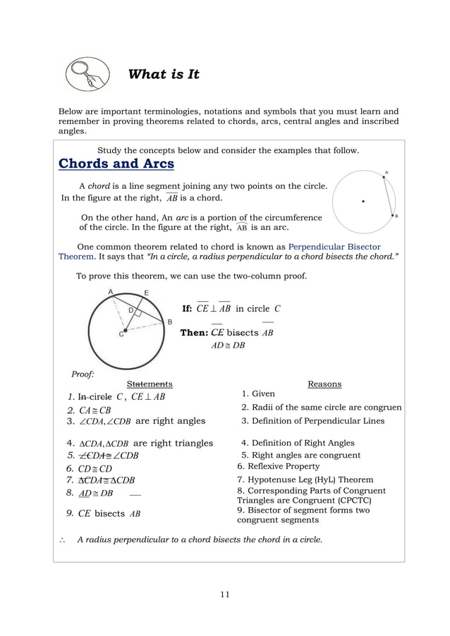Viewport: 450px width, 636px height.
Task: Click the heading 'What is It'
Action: [x=164, y=74]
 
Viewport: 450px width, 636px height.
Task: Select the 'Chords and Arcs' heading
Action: [x=116, y=164]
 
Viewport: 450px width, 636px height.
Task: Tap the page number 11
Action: [x=224, y=594]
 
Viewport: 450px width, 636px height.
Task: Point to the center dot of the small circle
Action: [x=363, y=201]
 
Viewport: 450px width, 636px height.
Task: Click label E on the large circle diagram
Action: [x=146, y=293]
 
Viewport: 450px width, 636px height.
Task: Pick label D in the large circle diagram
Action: [x=130, y=310]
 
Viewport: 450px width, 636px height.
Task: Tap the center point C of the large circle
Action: [x=124, y=330]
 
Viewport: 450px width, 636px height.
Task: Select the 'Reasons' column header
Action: [x=324, y=384]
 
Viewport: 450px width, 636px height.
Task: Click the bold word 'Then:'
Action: [x=193, y=333]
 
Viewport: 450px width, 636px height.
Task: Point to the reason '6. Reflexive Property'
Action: [x=278, y=466]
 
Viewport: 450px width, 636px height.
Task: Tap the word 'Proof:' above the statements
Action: [x=83, y=374]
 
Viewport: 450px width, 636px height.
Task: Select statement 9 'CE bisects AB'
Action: [x=103, y=513]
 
